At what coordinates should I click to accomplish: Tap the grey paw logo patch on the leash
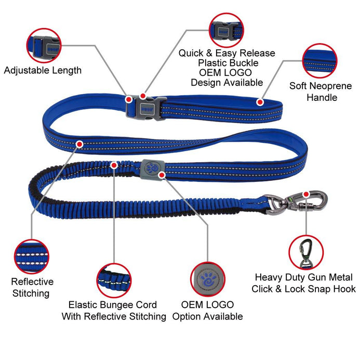152,169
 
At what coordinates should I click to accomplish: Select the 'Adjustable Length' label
43,70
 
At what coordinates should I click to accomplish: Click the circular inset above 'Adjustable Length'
44,46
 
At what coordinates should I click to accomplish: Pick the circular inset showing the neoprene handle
320,61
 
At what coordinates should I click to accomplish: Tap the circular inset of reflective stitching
32,257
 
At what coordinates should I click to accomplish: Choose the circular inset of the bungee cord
114,281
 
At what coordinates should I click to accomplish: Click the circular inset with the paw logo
208,279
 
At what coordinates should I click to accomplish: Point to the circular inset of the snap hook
306,252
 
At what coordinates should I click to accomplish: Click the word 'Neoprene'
330,86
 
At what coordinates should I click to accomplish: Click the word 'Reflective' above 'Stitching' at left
32,282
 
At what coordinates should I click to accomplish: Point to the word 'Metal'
340,277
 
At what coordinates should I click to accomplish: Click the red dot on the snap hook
306,194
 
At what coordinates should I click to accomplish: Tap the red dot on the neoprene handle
260,102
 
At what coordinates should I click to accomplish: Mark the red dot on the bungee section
114,165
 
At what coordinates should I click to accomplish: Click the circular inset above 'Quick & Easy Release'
226,30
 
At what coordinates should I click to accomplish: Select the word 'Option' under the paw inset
186,316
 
